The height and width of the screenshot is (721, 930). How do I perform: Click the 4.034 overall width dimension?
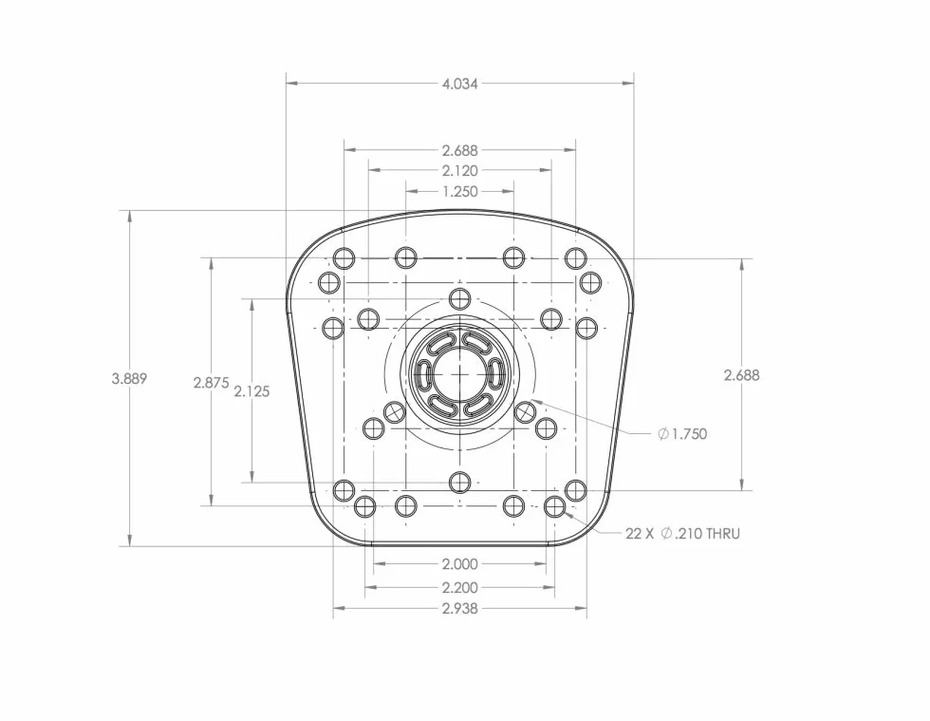click(x=459, y=84)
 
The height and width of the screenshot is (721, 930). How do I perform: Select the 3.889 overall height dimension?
click(x=129, y=378)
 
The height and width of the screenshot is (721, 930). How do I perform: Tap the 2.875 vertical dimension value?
click(x=211, y=383)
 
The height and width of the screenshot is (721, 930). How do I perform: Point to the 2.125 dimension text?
click(x=252, y=391)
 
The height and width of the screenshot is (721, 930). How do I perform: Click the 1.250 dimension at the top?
click(x=460, y=192)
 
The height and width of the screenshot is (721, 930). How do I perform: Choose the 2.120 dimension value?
click(x=460, y=171)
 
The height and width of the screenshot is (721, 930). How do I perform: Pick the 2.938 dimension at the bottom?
click(x=460, y=609)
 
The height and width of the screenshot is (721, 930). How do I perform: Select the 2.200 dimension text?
click(x=460, y=588)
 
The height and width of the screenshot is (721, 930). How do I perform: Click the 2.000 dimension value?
click(x=460, y=563)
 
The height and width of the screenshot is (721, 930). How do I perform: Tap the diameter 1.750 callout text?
click(x=682, y=434)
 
